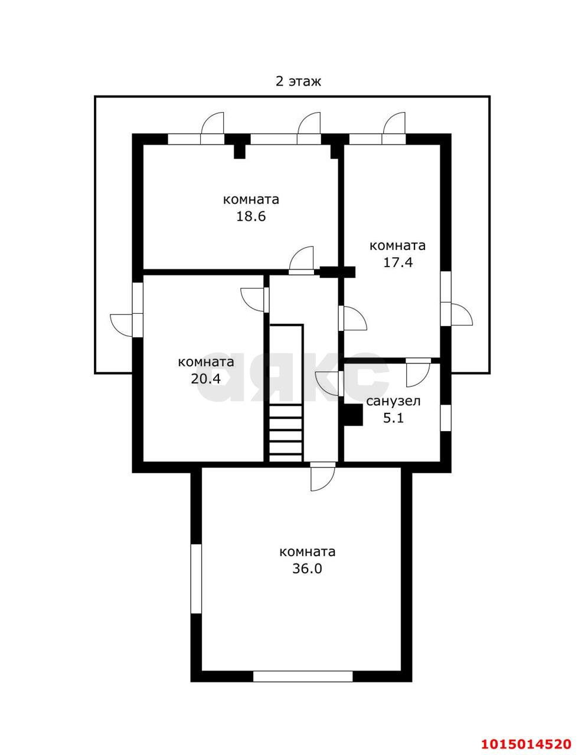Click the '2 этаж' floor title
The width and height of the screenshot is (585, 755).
pos(298,81)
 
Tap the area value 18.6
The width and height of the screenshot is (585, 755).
pos(251,216)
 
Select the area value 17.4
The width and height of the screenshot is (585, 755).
pos(397,262)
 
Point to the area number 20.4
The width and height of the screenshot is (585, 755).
pos(205,378)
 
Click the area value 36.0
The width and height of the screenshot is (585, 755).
pos(307,569)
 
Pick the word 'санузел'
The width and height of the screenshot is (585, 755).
pos(393,401)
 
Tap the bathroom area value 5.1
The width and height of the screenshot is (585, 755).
pos(393,418)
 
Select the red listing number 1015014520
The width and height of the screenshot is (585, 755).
pos(526,741)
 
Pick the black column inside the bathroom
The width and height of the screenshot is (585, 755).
pos(353,415)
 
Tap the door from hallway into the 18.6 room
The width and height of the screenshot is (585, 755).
pos(302,260)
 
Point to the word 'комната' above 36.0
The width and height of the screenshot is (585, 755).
pos(308,552)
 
